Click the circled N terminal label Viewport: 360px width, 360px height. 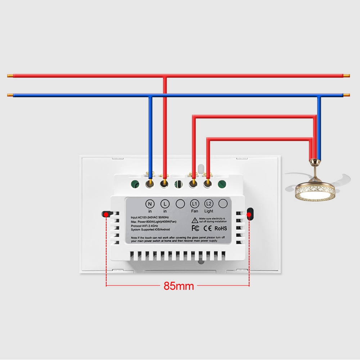tap(150, 204)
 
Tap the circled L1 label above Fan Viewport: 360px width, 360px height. tap(194, 204)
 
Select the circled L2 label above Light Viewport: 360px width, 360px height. tap(209, 204)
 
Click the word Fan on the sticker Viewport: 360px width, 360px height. tap(194, 211)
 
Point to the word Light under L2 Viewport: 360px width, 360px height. tap(209, 211)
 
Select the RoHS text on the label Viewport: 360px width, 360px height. tap(220, 228)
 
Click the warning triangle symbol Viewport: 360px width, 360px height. tap(194, 220)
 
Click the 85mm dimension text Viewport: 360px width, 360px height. tap(179, 286)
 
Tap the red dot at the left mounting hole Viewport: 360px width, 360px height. tap(106, 215)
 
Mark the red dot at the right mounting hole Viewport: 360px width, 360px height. tap(249, 215)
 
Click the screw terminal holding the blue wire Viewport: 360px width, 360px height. tap(150, 184)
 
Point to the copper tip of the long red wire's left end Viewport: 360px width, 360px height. tap(10, 76)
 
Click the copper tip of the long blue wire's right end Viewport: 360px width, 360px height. tap(346, 95)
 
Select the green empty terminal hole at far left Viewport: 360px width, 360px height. tap(135, 184)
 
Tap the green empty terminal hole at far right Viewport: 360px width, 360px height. tap(222, 184)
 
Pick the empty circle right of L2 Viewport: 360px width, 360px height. tap(223, 204)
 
